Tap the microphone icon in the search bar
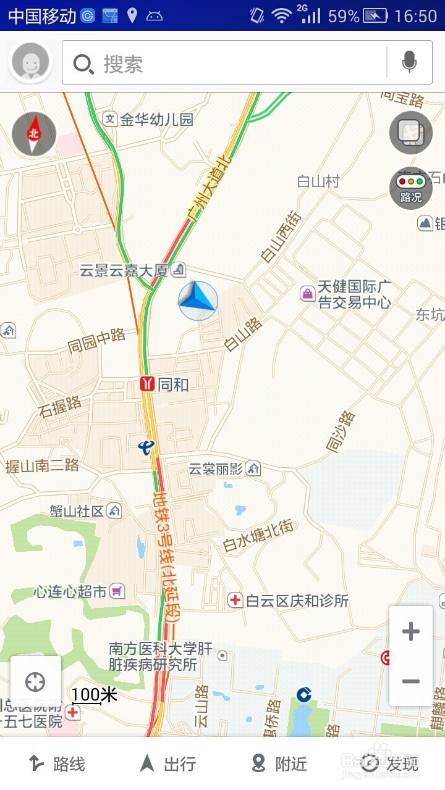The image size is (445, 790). [x=409, y=62]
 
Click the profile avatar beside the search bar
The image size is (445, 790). [x=30, y=62]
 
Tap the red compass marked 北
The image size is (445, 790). [x=34, y=134]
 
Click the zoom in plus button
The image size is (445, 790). [x=410, y=631]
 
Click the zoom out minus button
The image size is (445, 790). [x=410, y=681]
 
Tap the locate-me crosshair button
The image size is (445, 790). [x=35, y=682]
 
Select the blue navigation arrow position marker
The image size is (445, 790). [x=198, y=301]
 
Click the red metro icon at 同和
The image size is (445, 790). [x=147, y=385]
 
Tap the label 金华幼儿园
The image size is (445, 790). [x=156, y=119]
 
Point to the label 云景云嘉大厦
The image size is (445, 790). [x=124, y=270]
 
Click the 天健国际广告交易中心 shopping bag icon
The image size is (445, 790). [x=307, y=293]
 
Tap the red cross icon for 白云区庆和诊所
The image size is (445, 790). [x=235, y=600]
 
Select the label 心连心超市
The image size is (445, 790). [x=70, y=591]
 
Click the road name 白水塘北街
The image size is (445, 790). [x=258, y=536]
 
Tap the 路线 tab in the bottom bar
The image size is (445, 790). [x=57, y=764]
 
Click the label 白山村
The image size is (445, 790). [x=318, y=181]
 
